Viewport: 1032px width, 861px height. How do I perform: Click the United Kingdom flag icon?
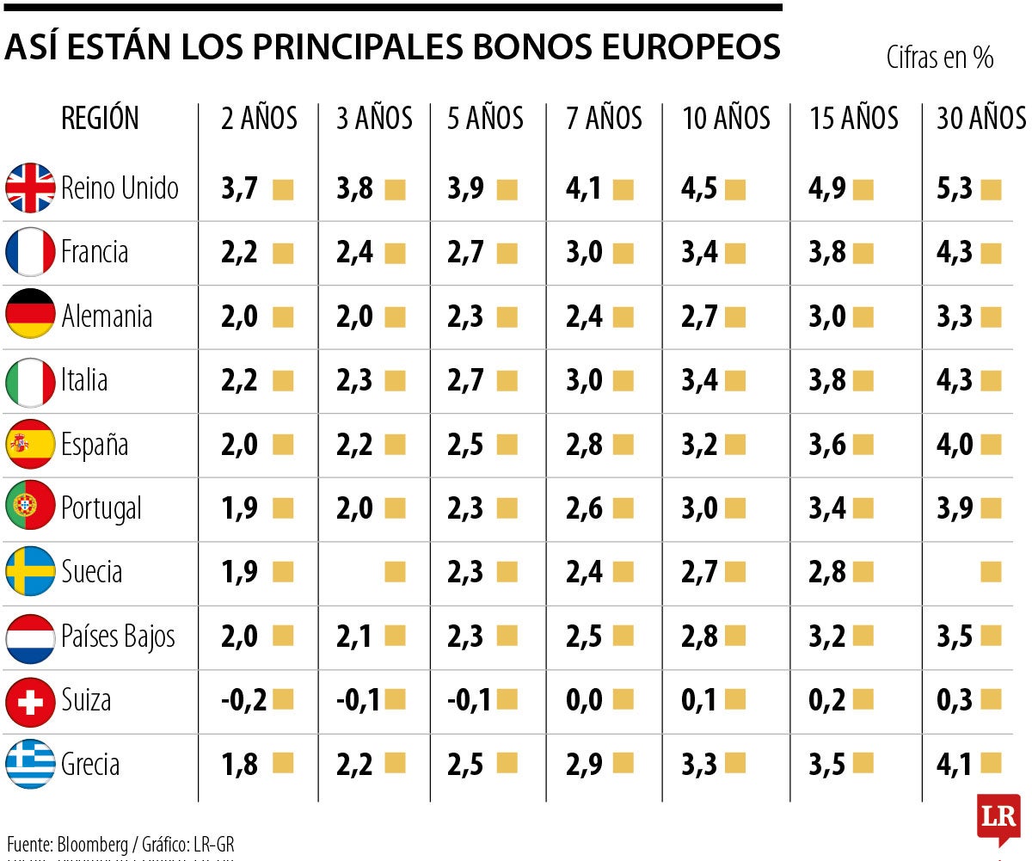pos(30,188)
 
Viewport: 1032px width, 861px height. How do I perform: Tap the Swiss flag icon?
pos(30,701)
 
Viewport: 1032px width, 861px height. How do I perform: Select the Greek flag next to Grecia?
pos(30,765)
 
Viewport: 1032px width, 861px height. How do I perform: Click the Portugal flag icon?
pos(30,508)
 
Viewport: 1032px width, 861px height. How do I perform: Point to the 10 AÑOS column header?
pos(726,119)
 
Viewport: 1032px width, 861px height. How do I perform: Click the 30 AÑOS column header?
pos(980,119)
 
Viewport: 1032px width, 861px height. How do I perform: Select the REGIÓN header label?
pos(100,119)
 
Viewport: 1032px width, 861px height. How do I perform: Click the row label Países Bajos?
pos(118,637)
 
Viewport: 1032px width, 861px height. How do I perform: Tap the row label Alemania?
pos(107,317)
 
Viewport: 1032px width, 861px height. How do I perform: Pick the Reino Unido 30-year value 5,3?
pos(955,188)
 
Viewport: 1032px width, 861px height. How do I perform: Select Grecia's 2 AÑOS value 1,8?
pos(239,765)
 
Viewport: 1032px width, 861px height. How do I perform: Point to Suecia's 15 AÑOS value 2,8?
pos(827,573)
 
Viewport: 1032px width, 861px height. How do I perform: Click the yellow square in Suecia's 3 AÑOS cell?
pos(395,572)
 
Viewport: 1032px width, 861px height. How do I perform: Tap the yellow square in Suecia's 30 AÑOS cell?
pos(991,572)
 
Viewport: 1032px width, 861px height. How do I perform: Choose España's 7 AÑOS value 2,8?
pos(585,445)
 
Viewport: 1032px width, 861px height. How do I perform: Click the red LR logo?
pos(998,816)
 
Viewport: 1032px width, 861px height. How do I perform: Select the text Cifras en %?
pos(940,58)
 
